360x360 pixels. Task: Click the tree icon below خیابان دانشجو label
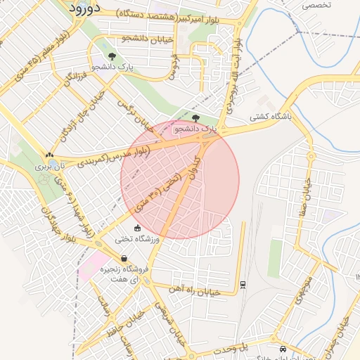(112, 56)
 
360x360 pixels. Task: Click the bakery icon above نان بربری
(49, 155)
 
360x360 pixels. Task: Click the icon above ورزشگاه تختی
(137, 228)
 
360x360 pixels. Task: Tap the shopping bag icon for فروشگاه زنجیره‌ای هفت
(124, 258)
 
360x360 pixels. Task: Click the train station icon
(243, 284)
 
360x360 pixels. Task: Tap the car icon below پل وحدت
(283, 349)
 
